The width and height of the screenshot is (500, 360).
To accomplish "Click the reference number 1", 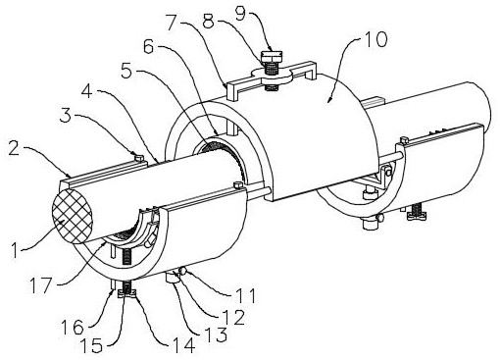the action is [x=15, y=251].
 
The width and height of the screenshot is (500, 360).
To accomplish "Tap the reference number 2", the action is [x=14, y=149].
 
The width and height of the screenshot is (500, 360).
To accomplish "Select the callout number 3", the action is [x=66, y=115].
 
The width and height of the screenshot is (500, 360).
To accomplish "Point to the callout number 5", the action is [x=127, y=72].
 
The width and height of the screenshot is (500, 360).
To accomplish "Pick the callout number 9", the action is [x=241, y=14].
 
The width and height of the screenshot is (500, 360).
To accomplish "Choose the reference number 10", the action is [x=375, y=40].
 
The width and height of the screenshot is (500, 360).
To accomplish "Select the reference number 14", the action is [x=184, y=345].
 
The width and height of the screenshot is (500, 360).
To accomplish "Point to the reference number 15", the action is [x=92, y=346].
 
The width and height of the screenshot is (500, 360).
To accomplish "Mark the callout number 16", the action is [x=73, y=327].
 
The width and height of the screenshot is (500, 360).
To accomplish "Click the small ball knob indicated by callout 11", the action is [x=183, y=271].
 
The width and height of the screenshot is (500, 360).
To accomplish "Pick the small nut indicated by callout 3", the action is [x=139, y=158].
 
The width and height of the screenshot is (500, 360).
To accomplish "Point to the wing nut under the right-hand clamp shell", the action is [x=417, y=215].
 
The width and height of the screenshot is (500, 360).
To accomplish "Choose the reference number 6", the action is [x=148, y=47].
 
